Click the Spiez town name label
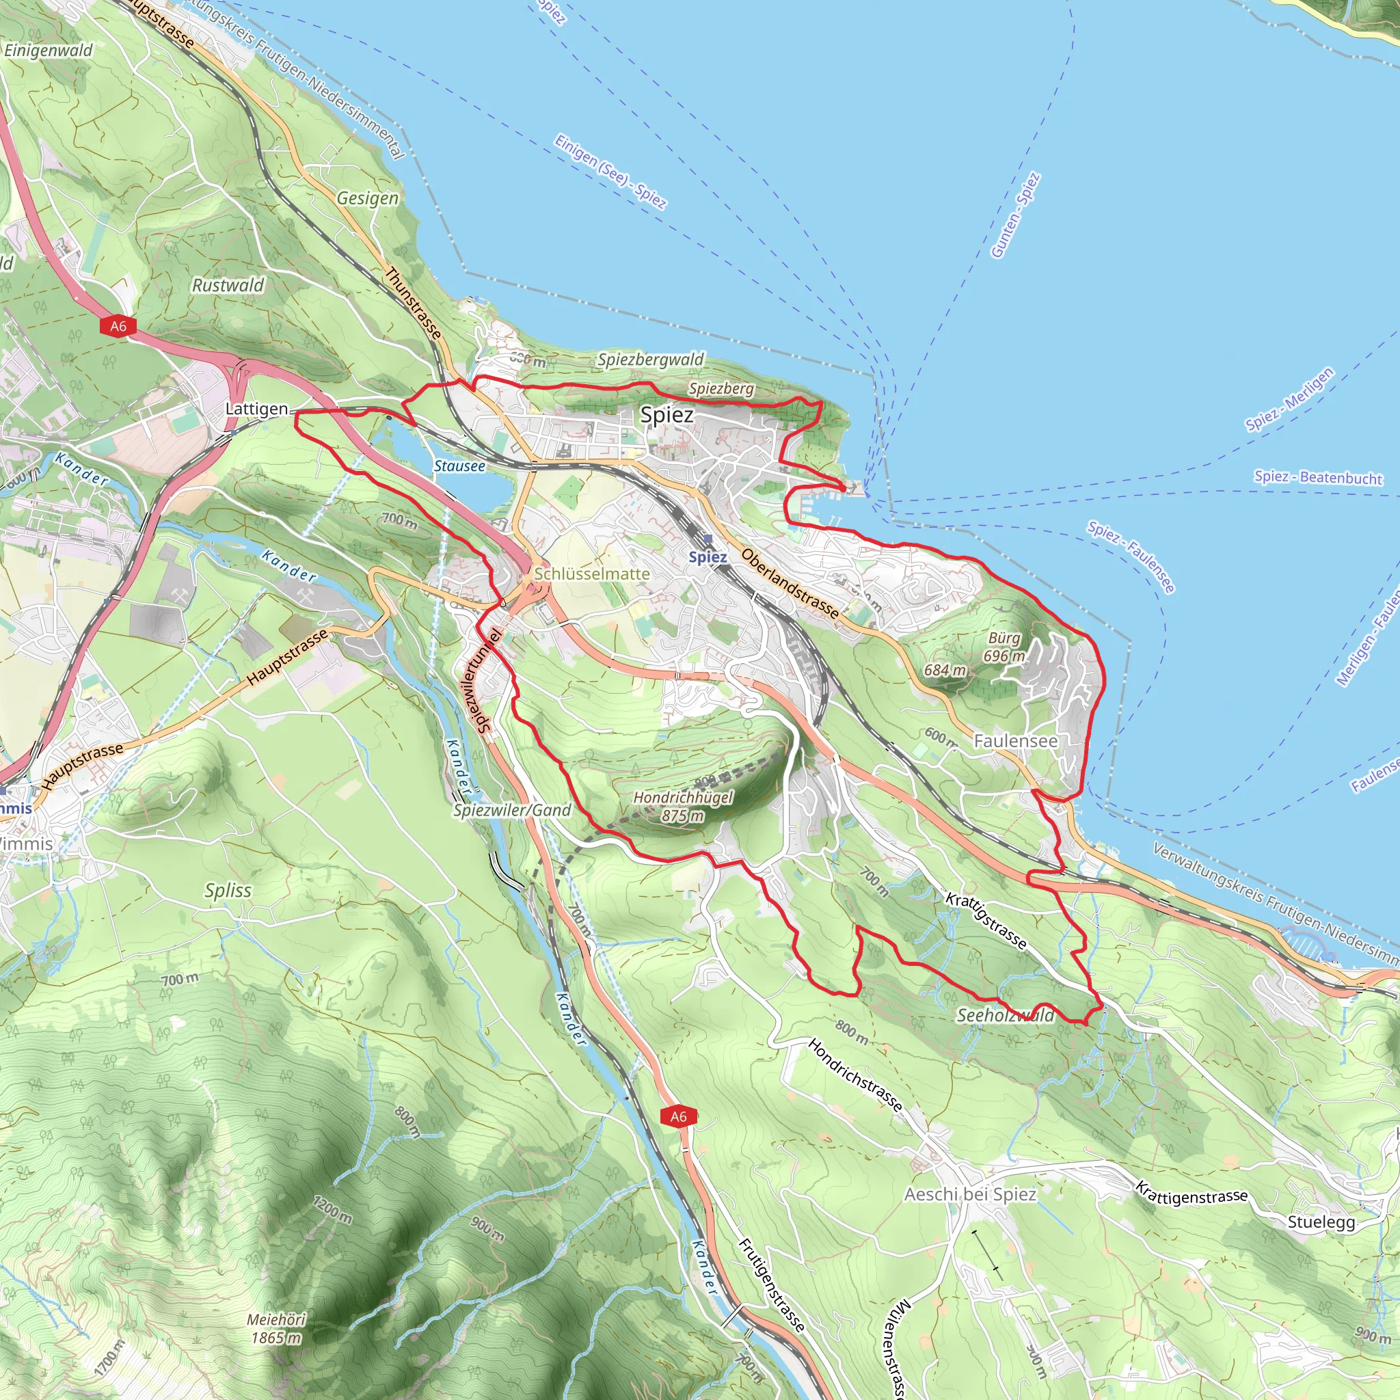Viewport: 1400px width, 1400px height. tap(667, 415)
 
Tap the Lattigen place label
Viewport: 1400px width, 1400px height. tap(256, 409)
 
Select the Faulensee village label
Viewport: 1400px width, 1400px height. tap(1015, 740)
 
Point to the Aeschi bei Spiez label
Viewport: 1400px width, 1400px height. tap(970, 1194)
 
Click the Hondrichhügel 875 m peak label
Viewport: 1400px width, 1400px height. tap(683, 806)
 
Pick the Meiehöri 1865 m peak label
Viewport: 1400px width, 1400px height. tap(276, 1328)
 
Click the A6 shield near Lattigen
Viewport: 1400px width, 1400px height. tap(118, 326)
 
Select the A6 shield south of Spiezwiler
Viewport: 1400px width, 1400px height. tap(678, 1116)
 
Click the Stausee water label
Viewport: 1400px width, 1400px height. tap(459, 466)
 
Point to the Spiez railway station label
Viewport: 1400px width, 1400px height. tap(708, 556)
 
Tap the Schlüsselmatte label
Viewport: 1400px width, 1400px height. tap(592, 574)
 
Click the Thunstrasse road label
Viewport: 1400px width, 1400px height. tap(413, 303)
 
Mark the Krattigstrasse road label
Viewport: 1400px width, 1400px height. tap(986, 920)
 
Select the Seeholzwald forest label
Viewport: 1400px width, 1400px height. tap(1005, 1015)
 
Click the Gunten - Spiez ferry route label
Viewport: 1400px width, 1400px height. tap(1015, 215)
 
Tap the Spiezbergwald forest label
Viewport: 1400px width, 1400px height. tap(650, 360)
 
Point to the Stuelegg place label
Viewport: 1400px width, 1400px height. tap(1321, 1222)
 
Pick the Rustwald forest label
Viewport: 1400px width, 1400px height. tap(228, 286)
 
